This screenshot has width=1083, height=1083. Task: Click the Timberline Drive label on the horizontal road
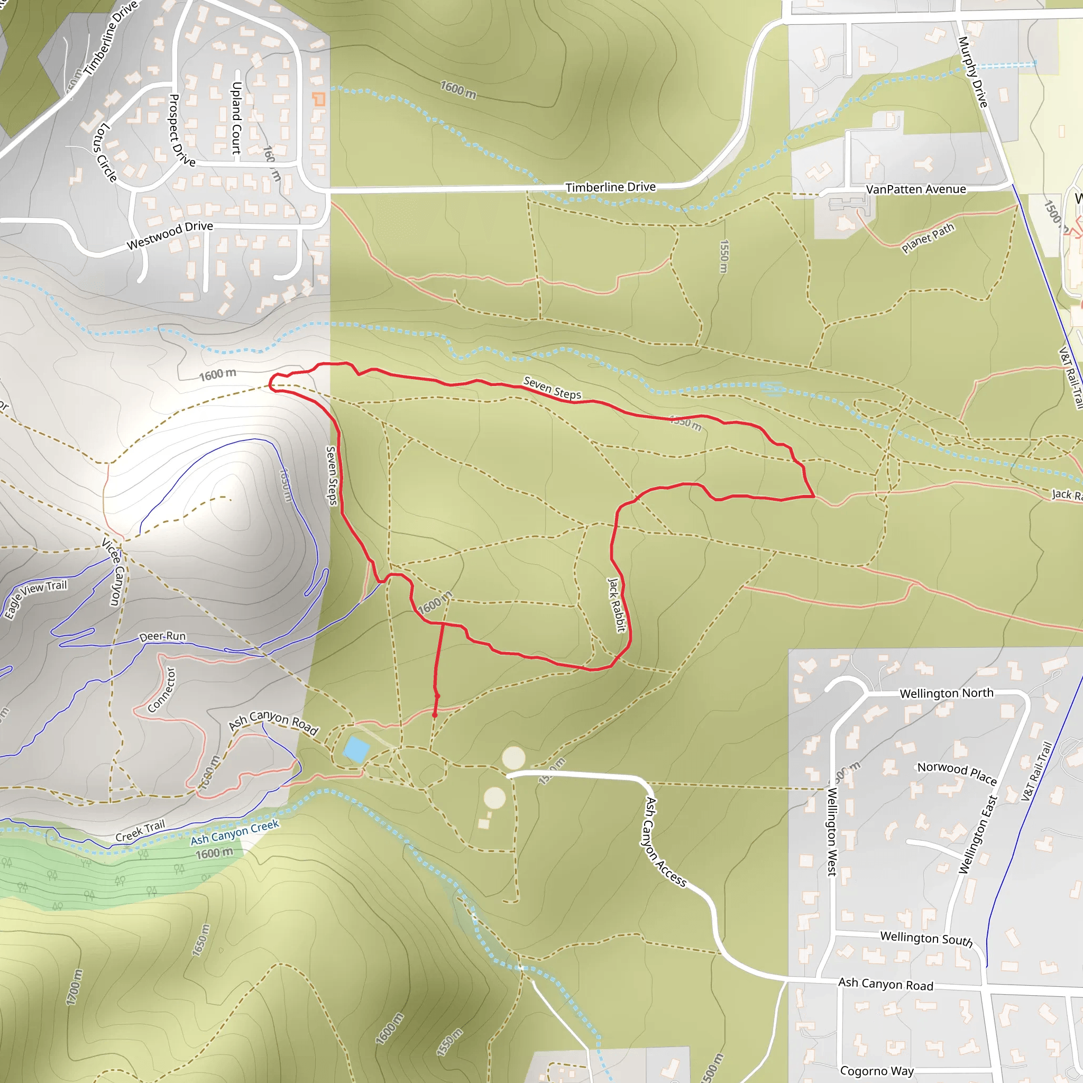click(x=610, y=187)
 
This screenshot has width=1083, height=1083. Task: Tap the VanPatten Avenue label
click(x=915, y=189)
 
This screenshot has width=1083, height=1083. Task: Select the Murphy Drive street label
click(x=972, y=72)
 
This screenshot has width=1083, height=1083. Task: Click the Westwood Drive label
click(x=169, y=235)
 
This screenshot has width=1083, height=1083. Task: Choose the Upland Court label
click(x=236, y=118)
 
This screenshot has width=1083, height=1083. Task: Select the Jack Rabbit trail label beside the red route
click(x=616, y=605)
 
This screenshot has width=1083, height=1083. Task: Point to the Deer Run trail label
click(x=162, y=636)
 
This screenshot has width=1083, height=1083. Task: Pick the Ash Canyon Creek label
click(x=234, y=832)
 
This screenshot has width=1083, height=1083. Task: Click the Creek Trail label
click(x=140, y=831)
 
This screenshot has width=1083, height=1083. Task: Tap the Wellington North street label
click(x=946, y=693)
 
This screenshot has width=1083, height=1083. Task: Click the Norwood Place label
click(x=957, y=774)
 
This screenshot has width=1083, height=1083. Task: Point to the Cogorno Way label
click(x=877, y=1071)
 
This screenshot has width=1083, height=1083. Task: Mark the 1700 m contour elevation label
click(x=74, y=987)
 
